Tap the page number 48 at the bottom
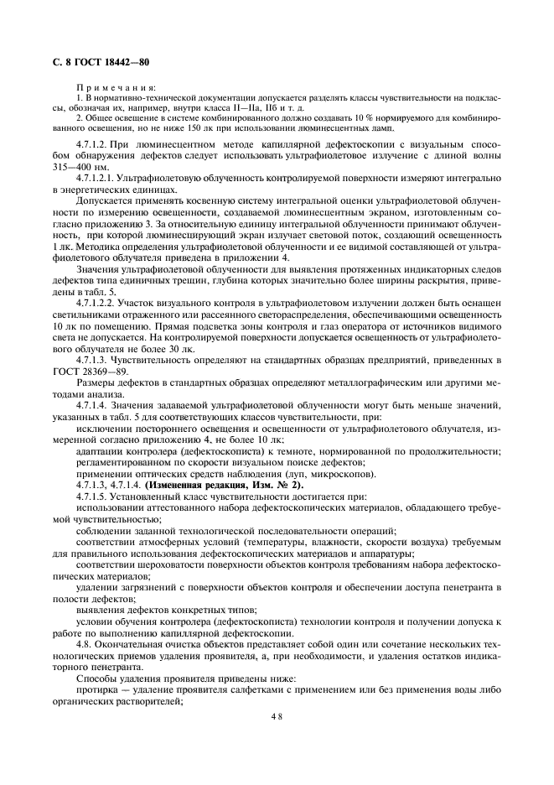(x=277, y=716)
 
